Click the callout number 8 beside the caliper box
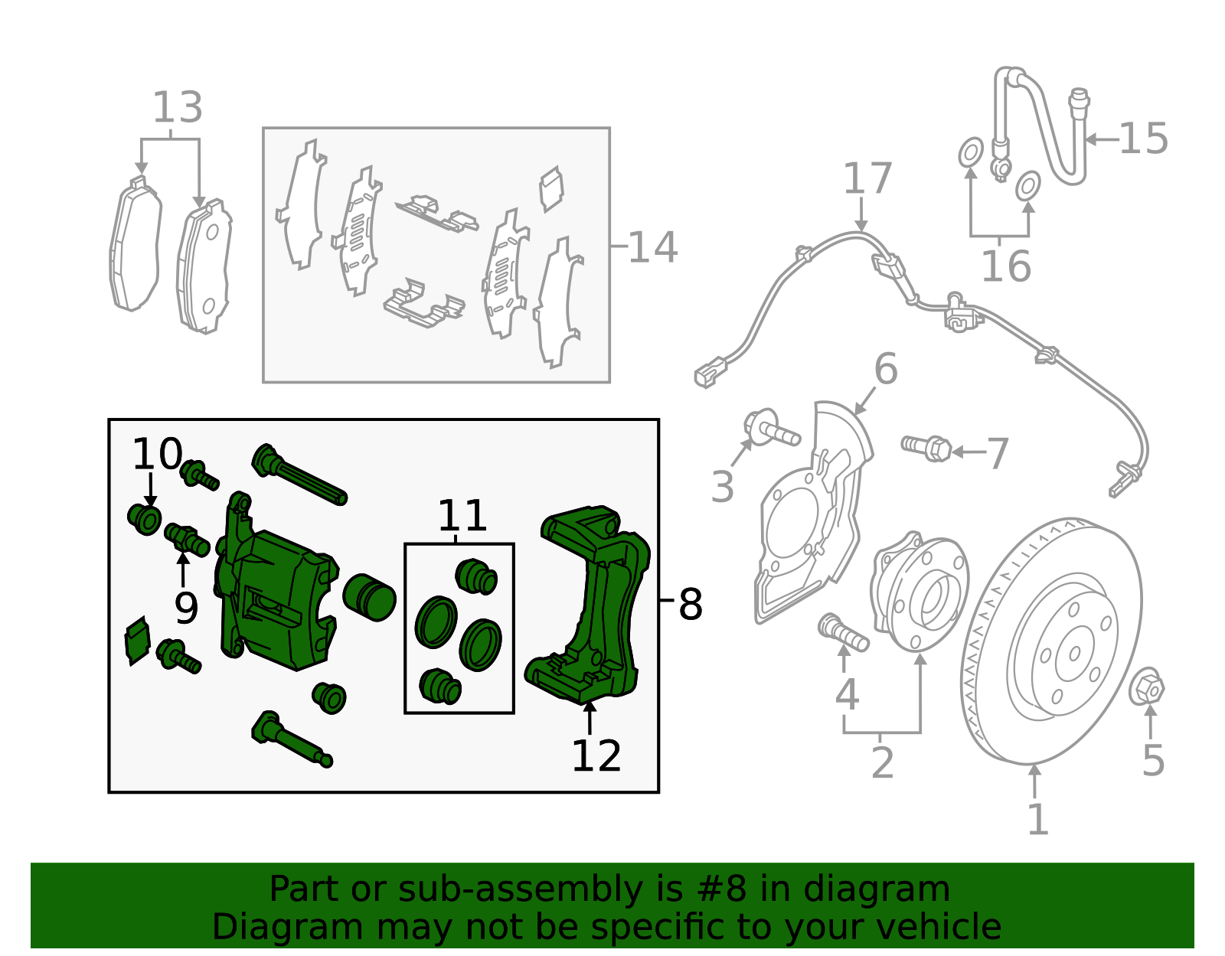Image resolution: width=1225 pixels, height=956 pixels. click(x=690, y=605)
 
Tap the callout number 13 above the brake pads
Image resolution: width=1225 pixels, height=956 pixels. click(x=178, y=108)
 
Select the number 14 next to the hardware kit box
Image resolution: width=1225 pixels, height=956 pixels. click(x=652, y=247)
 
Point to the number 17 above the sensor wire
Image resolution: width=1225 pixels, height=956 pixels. click(x=867, y=179)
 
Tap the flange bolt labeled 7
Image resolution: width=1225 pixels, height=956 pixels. click(x=927, y=447)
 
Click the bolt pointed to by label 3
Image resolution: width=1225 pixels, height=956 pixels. click(x=771, y=429)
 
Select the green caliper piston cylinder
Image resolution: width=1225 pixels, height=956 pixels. click(x=369, y=597)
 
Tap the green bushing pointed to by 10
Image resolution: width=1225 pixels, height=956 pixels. click(x=145, y=519)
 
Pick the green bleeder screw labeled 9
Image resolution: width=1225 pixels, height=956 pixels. click(x=187, y=539)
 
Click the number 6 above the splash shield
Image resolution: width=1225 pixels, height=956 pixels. click(x=885, y=370)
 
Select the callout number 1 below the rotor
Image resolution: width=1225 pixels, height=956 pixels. click(x=1037, y=820)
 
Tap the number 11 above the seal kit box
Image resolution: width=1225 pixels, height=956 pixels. click(x=462, y=516)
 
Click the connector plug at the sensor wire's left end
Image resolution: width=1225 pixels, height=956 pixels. click(x=706, y=376)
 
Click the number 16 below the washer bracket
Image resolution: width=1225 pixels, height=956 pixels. click(x=1005, y=266)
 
